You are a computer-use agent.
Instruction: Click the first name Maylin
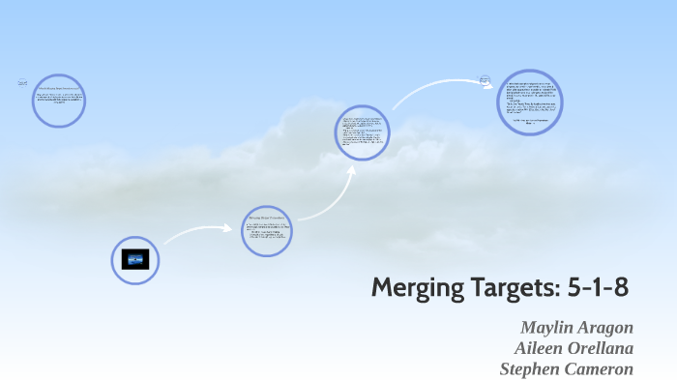[550, 326]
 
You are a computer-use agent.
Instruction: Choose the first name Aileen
[545, 347]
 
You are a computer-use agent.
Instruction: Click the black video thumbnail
[134, 260]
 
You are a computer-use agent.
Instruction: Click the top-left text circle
[60, 101]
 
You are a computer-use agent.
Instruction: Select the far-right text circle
[530, 102]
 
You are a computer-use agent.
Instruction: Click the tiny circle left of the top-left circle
[22, 83]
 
